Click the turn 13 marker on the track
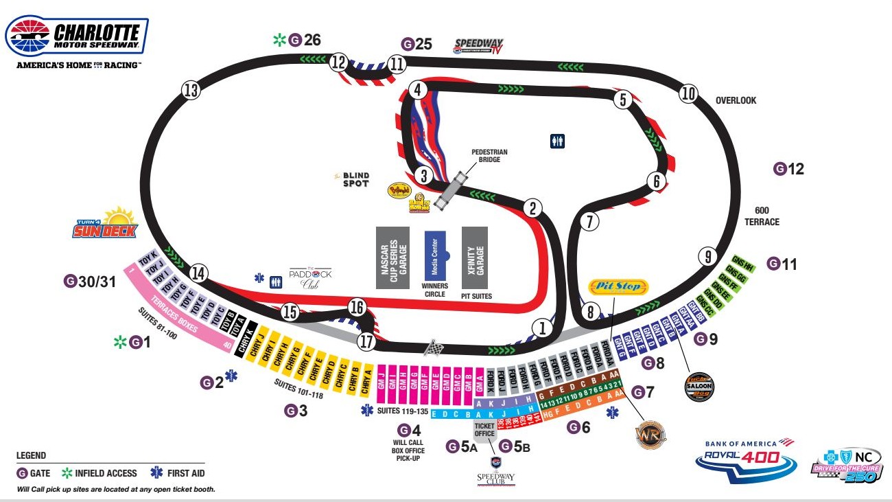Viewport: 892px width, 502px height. click(191, 90)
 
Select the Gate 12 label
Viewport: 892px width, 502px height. click(788, 168)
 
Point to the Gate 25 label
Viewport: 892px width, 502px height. click(416, 45)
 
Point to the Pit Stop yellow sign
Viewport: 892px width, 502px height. click(618, 286)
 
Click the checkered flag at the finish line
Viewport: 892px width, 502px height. click(432, 347)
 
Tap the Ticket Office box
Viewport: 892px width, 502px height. click(484, 430)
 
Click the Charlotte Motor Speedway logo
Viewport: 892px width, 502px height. click(77, 37)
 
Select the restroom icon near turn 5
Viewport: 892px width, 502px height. click(557, 141)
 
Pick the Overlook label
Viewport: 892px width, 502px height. click(736, 100)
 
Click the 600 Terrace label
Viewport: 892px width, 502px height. click(762, 217)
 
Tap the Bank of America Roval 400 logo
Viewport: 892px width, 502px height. click(745, 461)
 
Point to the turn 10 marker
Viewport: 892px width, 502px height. click(689, 94)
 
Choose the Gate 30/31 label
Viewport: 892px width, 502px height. click(90, 281)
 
